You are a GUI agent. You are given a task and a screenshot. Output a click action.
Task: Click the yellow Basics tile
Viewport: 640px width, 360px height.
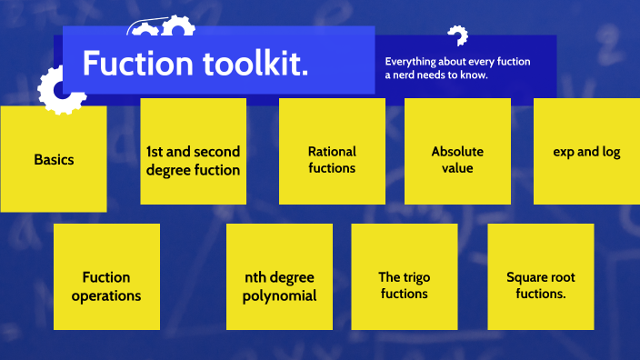[x=53, y=159]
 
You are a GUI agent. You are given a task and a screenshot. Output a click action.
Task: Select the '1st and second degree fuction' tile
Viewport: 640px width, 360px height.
[x=193, y=151]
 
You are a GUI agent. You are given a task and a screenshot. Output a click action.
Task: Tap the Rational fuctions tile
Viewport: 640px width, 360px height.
[x=332, y=151]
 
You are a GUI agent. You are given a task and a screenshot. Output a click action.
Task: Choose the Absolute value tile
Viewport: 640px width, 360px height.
[x=457, y=151]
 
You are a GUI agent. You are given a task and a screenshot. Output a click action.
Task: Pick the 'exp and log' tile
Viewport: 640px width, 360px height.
[x=586, y=151]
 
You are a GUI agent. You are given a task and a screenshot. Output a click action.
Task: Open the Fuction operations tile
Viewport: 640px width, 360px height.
[x=106, y=276]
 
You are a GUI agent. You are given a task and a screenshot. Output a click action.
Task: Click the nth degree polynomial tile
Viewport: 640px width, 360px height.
[x=280, y=276]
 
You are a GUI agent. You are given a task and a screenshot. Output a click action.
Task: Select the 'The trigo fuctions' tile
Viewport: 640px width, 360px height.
[x=404, y=276]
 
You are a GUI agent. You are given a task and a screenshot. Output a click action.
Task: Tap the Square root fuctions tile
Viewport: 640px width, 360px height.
[x=541, y=276]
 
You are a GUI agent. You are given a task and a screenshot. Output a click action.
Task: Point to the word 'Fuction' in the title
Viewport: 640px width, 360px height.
[x=134, y=63]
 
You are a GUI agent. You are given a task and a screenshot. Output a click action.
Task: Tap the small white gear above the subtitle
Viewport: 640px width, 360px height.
[x=457, y=36]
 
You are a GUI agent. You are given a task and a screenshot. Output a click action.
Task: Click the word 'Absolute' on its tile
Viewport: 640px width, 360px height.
[x=457, y=151]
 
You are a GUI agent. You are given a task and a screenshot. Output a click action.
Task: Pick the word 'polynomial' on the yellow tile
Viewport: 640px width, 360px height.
[x=280, y=295]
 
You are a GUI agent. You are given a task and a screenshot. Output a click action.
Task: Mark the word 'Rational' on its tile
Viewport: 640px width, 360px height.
[x=332, y=151]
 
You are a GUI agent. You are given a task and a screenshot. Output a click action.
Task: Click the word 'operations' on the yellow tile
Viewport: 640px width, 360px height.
[x=106, y=295]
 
